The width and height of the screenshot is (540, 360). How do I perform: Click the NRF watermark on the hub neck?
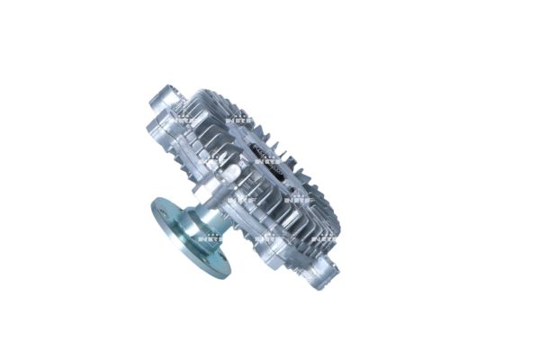pyautogui.click(x=210, y=238)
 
